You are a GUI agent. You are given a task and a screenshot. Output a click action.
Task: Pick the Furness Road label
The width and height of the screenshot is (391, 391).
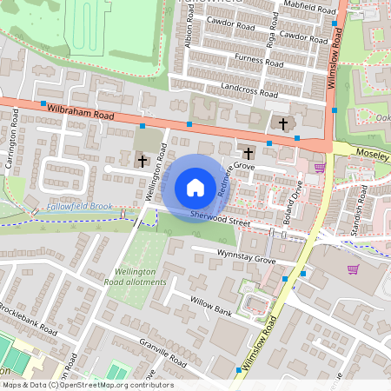click(x=259, y=61)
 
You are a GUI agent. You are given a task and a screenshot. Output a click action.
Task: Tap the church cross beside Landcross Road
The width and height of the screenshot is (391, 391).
click(x=282, y=123)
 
